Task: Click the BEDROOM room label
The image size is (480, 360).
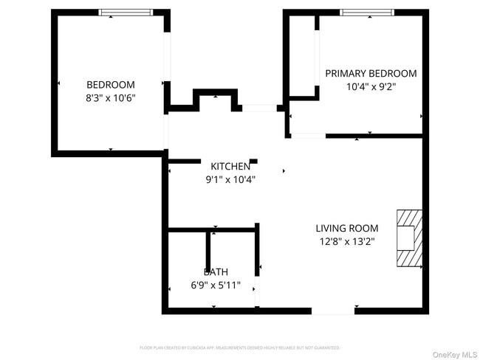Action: [x=111, y=84]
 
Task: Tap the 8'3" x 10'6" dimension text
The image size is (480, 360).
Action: [x=111, y=97]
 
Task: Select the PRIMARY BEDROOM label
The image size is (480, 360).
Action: [x=371, y=73]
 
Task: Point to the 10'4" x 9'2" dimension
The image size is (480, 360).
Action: [x=371, y=86]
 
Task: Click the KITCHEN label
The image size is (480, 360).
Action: [x=230, y=166]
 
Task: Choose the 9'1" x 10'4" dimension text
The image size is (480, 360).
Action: [x=230, y=179]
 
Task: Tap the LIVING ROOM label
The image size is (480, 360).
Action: [x=347, y=228]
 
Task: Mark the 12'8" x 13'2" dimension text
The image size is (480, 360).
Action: [x=347, y=241]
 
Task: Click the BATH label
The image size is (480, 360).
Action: [x=216, y=271]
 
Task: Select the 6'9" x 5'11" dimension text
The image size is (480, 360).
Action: [x=216, y=285]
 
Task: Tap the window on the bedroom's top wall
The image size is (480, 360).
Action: [x=126, y=13]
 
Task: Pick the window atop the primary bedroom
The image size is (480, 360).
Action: [x=366, y=13]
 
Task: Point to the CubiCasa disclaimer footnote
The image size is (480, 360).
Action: [x=239, y=347]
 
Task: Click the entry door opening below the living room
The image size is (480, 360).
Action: [x=332, y=311]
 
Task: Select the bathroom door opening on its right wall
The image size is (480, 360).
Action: [x=257, y=292]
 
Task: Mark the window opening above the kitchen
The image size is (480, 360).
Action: [x=259, y=108]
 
